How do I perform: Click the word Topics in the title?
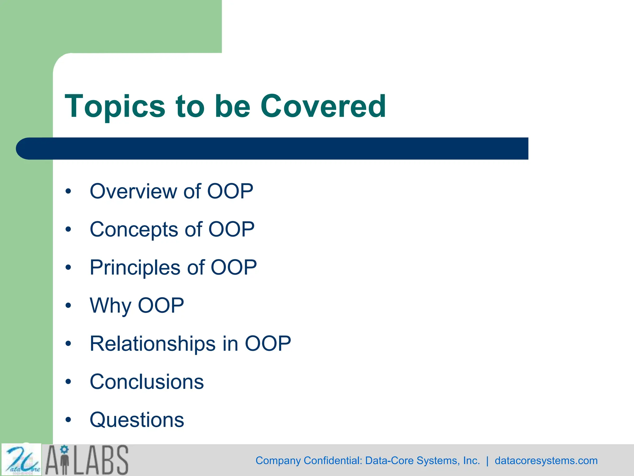[115, 106]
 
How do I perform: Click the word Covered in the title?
[323, 106]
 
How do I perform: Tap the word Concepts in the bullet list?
[134, 230]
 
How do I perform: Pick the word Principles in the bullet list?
[135, 267]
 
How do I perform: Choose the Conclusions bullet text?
[147, 381]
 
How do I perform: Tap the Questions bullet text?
[137, 420]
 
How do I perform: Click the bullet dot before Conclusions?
[68, 382]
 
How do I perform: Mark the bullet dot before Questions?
[68, 420]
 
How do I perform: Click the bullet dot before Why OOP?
[68, 306]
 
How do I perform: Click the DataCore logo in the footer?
[21, 460]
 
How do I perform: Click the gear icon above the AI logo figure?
[64, 449]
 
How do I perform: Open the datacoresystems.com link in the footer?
[546, 461]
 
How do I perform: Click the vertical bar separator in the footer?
[487, 461]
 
